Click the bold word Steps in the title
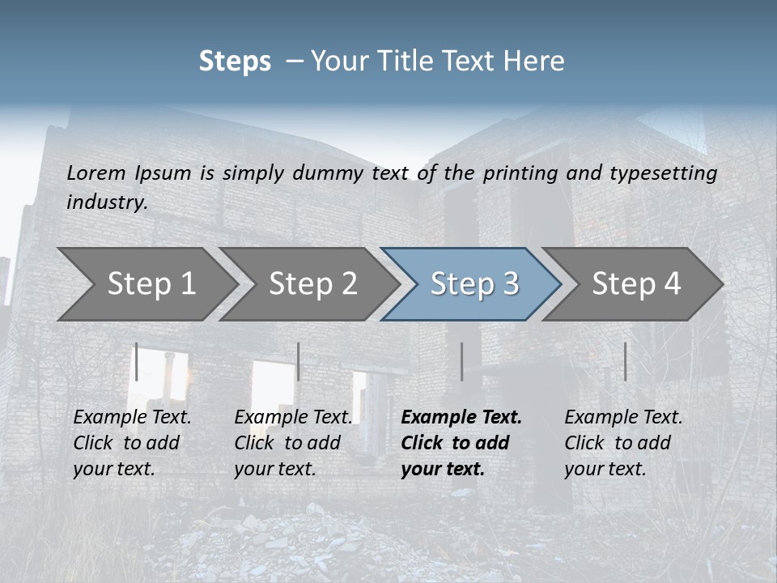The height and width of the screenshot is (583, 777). click(x=235, y=62)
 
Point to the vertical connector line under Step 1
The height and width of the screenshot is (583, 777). click(x=137, y=361)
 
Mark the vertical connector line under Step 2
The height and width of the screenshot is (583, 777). click(x=299, y=361)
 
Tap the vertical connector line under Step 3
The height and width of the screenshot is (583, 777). click(x=461, y=361)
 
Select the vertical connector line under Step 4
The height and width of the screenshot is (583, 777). click(x=625, y=361)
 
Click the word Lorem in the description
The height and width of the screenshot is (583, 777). click(x=96, y=172)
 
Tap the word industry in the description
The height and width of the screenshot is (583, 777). click(x=107, y=202)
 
